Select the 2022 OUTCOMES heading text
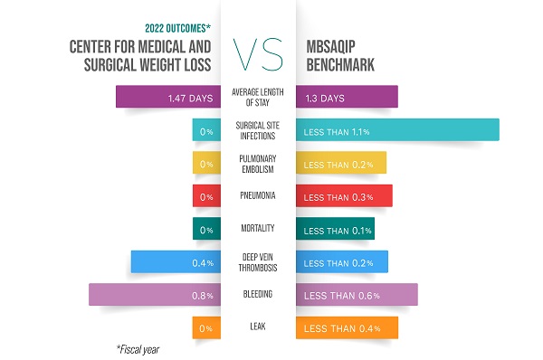pyautogui.click(x=171, y=27)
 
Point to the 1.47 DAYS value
pyautogui.click(x=190, y=97)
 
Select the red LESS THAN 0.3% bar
pyautogui.click(x=344, y=196)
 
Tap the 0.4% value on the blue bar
pyautogui.click(x=203, y=262)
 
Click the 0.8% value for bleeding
pyautogui.click(x=203, y=295)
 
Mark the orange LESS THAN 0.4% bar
pyautogui.click(x=347, y=327)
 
